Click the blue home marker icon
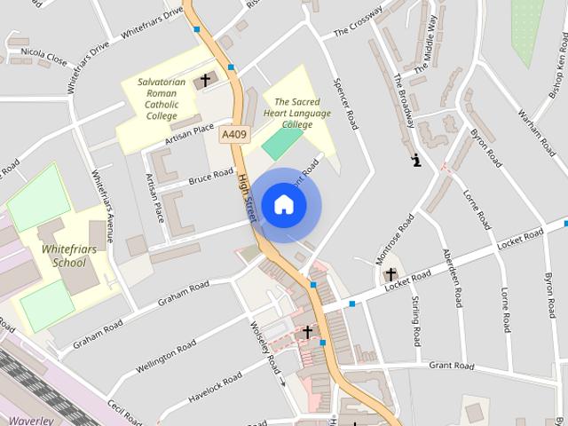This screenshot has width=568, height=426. pyautogui.click(x=284, y=205)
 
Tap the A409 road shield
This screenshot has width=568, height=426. pyautogui.click(x=234, y=135)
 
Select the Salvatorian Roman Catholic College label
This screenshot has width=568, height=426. pyautogui.click(x=162, y=99)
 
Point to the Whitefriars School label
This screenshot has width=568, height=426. pyautogui.click(x=64, y=256)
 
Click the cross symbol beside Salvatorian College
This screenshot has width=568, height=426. pyautogui.click(x=205, y=81)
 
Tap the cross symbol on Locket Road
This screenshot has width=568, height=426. pyautogui.click(x=390, y=275)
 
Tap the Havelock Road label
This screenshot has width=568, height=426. pyautogui.click(x=216, y=389)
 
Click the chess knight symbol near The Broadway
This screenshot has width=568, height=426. pyautogui.click(x=415, y=161)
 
